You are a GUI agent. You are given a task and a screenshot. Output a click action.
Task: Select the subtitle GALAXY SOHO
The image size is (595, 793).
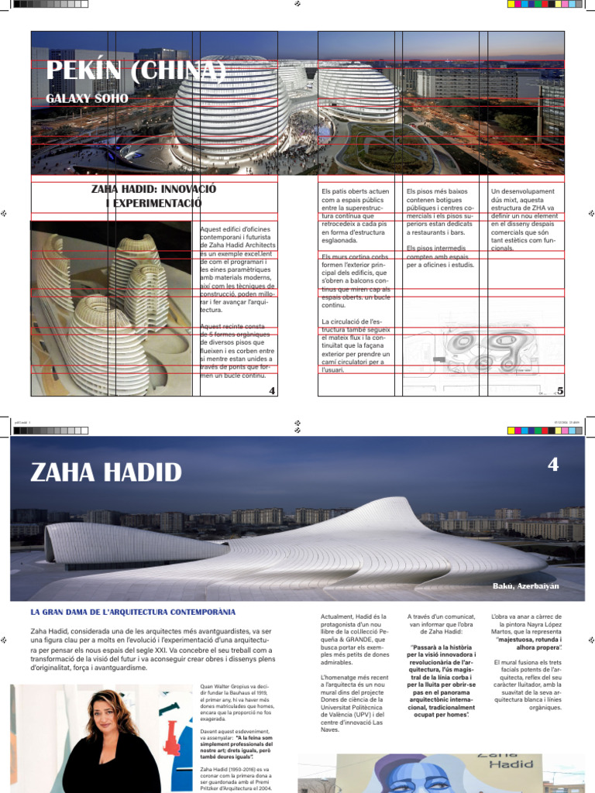pyautogui.click(x=88, y=100)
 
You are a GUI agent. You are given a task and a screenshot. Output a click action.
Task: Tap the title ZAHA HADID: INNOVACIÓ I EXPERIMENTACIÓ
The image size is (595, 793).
pyautogui.click(x=153, y=196)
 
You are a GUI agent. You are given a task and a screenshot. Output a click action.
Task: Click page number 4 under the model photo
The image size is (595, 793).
pyautogui.click(x=272, y=391)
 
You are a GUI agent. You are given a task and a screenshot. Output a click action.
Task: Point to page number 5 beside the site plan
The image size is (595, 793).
pyautogui.click(x=560, y=391)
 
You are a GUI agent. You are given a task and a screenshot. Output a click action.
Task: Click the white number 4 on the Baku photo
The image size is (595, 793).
pyautogui.click(x=552, y=465)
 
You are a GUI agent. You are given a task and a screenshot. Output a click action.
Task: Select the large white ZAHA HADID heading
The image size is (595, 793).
pyautogui.click(x=106, y=472)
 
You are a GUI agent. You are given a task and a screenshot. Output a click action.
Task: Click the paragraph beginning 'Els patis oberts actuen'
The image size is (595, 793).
pyautogui.click(x=356, y=217)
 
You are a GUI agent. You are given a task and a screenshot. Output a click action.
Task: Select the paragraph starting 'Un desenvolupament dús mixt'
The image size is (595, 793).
pyautogui.click(x=524, y=219)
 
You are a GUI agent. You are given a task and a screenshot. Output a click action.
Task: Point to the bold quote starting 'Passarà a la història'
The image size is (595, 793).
pyautogui.click(x=441, y=682)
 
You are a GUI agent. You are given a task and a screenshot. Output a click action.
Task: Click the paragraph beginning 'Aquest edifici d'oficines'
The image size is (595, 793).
pyautogui.click(x=237, y=270)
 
